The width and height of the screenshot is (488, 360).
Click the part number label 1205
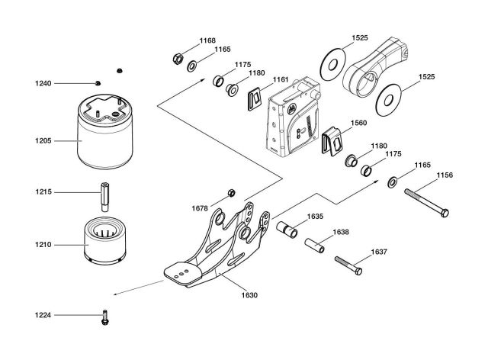(43, 140)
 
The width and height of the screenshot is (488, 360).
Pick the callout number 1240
(43, 82)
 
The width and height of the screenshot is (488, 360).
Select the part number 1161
(281, 79)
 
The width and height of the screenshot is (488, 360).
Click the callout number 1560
(358, 122)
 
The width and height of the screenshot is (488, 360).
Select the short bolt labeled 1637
(348, 265)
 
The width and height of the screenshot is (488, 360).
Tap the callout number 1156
(445, 175)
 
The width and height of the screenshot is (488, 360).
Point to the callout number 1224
(43, 314)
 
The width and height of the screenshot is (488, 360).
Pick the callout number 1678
(201, 207)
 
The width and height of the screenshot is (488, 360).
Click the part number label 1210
(43, 246)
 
